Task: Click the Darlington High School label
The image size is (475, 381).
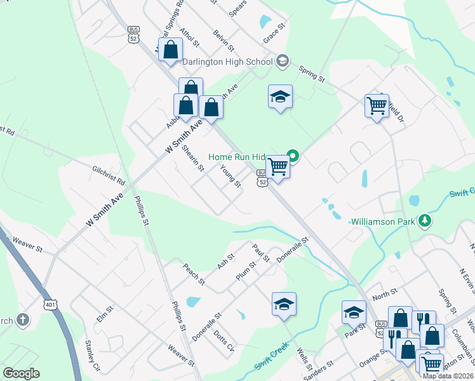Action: [x=227, y=62]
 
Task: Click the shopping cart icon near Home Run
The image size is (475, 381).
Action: [x=278, y=167]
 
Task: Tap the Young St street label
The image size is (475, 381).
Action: [x=231, y=176]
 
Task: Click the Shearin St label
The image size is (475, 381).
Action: [x=192, y=159]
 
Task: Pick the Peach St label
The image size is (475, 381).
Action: [x=194, y=274]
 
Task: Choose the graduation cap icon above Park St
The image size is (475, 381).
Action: [x=354, y=312]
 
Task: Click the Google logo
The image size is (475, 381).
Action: [x=21, y=373]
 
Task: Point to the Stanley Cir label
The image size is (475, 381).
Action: [x=93, y=356]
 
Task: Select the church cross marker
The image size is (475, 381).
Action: [x=23, y=319]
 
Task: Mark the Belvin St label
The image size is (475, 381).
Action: [x=224, y=40]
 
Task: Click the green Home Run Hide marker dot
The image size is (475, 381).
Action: [x=293, y=155]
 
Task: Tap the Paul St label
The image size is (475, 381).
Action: [x=261, y=252]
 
